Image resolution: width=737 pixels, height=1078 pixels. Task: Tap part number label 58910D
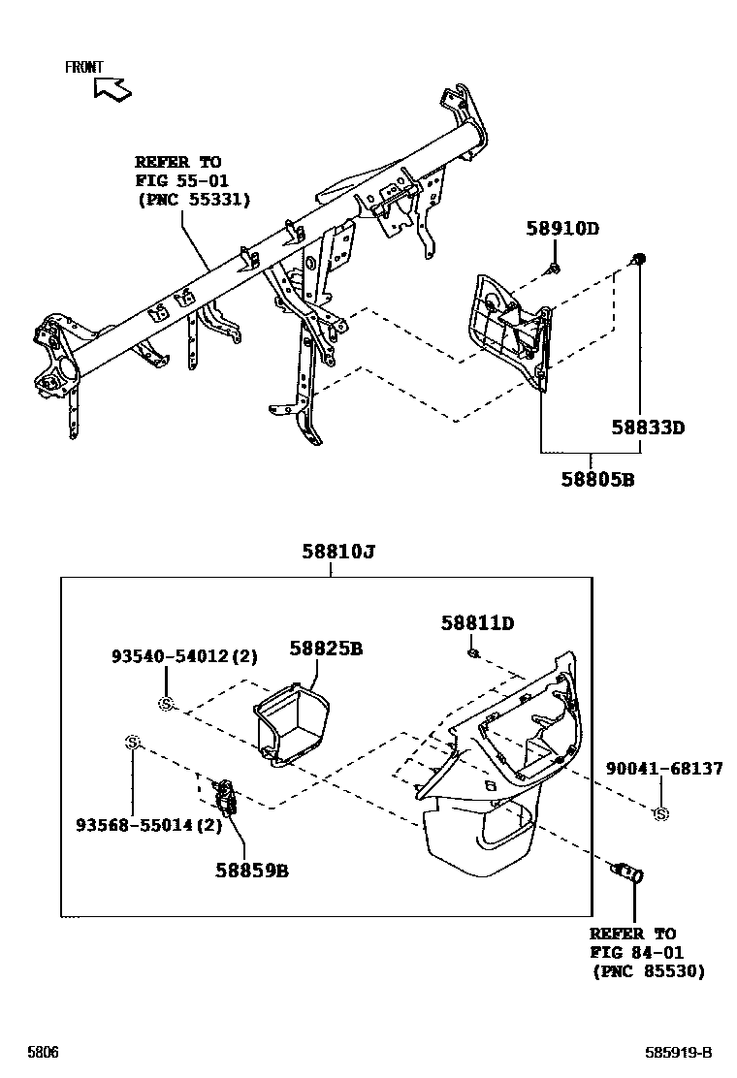coord(562,229)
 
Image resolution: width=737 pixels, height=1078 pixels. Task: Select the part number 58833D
coord(648,427)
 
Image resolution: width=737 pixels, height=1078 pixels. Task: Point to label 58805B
coord(597,479)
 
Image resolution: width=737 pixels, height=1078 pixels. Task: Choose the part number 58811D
coord(477,623)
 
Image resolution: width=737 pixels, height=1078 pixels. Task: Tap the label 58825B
coord(326,648)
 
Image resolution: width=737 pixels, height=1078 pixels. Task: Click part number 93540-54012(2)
coord(183,656)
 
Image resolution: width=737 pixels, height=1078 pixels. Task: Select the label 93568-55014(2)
coord(149,825)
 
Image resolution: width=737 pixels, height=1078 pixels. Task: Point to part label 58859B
coord(252,870)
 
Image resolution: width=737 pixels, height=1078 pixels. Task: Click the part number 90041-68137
coord(664,768)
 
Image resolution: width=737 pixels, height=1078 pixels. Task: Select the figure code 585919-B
coord(679,1053)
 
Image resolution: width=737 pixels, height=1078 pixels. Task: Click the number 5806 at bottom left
coord(43,1053)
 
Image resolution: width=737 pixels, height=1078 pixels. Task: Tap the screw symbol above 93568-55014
coord(134,743)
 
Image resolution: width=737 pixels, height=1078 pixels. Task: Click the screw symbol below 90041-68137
coord(661,813)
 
